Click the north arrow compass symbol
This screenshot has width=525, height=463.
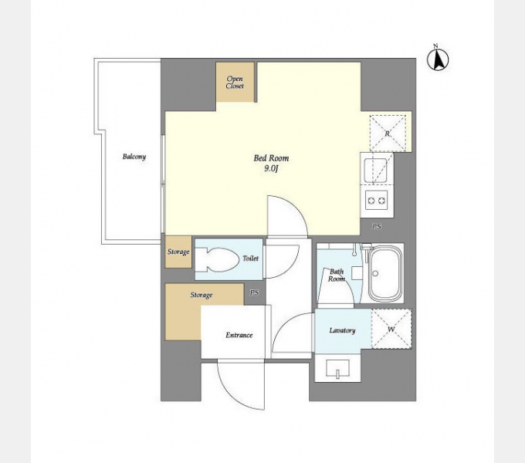coord(438,59)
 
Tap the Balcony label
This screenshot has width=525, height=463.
coord(134,157)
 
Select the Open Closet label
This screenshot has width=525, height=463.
coord(235,83)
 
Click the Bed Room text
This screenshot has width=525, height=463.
coord(271,158)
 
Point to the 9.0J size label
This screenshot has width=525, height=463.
coord(271,168)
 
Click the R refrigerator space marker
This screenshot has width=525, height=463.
coord(388,133)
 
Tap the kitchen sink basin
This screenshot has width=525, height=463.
coord(377,170)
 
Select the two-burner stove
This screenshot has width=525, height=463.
coord(376,200)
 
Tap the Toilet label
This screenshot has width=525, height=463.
coord(250,259)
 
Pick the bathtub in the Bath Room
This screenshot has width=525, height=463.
coord(385,274)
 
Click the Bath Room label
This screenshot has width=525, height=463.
coord(337,275)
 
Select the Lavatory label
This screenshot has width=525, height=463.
coord(342,330)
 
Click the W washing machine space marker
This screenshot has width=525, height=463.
coord(391,330)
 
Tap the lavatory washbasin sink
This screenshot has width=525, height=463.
coord(338,369)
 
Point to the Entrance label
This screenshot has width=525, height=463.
coord(239,335)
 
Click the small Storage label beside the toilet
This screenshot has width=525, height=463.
coord(178,252)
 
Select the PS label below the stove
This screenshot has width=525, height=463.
coord(377,226)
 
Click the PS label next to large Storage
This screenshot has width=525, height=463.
coord(255,292)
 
